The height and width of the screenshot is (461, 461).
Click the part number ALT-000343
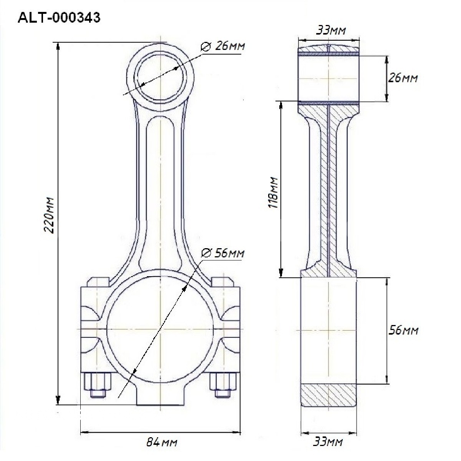coord(59,18)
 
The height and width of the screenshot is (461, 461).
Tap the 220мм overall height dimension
coord(50,215)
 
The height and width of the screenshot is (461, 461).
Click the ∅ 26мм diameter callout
coord(223,46)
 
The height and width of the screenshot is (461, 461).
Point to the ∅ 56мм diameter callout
coord(223,253)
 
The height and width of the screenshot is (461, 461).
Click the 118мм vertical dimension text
coord(273,193)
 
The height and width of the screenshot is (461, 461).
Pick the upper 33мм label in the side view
coord(331,30)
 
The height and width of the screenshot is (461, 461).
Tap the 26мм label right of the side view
coord(403,78)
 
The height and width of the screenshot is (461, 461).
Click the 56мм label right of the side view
coord(403,330)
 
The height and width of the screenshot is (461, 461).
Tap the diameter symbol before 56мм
coord(206,253)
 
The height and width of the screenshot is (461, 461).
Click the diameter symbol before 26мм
coord(206,46)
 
